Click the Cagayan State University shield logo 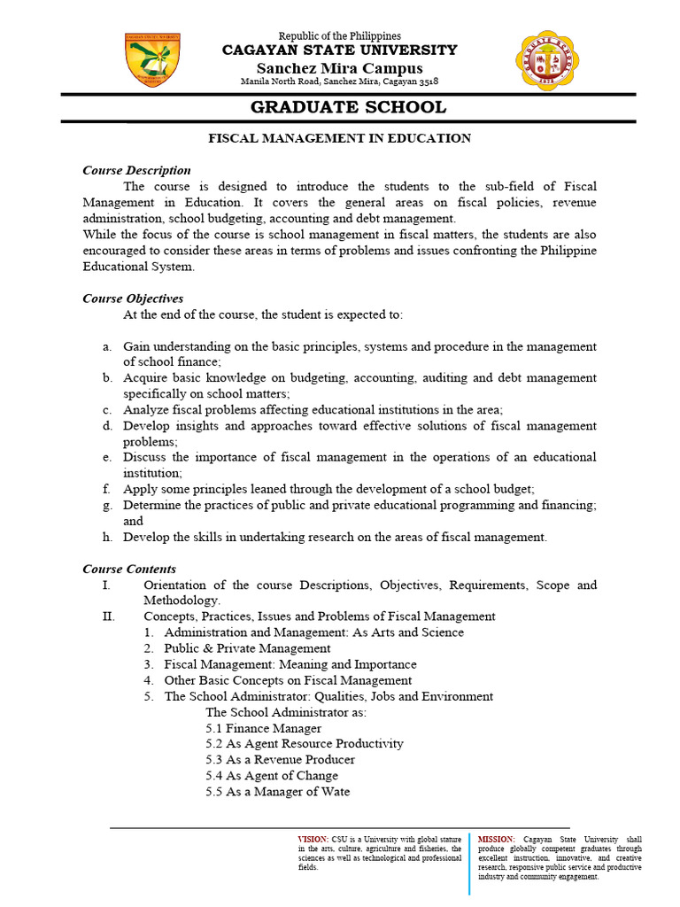[153, 62]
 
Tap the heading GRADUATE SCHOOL [348, 108]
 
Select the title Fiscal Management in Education [339, 138]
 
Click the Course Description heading [136, 170]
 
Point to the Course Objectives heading [133, 298]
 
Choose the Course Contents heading [129, 569]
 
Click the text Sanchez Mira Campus [340, 68]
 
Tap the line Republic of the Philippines [340, 36]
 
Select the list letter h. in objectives [107, 537]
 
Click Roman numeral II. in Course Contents [109, 616]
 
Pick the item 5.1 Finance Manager [263, 728]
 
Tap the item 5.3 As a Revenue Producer [280, 760]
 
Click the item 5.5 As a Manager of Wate [277, 792]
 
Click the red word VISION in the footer [313, 838]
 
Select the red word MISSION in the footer [495, 838]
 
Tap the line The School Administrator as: [286, 712]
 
